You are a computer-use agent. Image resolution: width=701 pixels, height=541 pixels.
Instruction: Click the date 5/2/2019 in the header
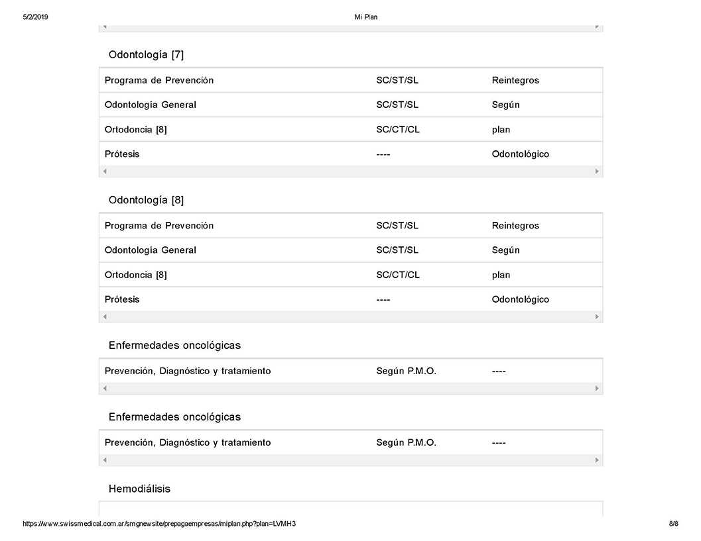[35, 17]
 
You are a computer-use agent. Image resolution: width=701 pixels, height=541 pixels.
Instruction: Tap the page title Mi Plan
[366, 17]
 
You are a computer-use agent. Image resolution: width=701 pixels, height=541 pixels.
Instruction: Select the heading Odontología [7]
[146, 55]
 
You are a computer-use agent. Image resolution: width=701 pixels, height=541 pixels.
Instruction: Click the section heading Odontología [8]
[146, 200]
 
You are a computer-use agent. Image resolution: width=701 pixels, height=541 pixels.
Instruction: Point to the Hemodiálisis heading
[139, 489]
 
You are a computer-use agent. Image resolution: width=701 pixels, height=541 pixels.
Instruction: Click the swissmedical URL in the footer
[159, 524]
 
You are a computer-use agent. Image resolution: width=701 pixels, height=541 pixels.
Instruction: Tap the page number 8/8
[673, 524]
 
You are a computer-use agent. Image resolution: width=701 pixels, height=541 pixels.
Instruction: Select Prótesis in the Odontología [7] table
[122, 154]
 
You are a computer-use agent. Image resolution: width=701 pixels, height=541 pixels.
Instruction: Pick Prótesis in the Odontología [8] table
[122, 299]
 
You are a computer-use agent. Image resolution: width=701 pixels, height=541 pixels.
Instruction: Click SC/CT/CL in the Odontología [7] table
[398, 130]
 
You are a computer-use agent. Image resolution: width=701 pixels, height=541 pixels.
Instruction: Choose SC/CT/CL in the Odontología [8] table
[398, 275]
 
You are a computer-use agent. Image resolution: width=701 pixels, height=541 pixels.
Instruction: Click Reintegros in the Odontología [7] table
[515, 80]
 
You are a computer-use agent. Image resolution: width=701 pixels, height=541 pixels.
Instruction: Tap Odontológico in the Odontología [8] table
[521, 299]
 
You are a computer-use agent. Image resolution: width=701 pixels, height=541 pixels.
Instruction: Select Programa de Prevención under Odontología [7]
[159, 80]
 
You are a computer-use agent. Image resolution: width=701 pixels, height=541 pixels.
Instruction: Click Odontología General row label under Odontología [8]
[151, 250]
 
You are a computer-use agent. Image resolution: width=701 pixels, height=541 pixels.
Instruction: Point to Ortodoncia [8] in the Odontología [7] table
[136, 130]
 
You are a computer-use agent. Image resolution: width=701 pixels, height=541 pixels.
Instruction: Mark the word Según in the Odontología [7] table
[505, 105]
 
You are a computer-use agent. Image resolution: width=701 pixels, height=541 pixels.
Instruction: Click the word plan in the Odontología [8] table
[501, 275]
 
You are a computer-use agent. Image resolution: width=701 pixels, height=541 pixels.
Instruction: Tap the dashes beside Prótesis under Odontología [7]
[383, 154]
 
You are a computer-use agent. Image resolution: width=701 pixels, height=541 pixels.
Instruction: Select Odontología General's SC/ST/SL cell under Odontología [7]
[397, 105]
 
